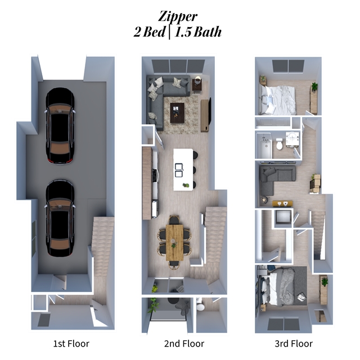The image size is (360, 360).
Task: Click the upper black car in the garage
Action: click(60, 125)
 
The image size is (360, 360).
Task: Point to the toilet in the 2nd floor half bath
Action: click(201, 307)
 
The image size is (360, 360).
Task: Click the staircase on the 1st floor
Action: click(103, 247)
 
